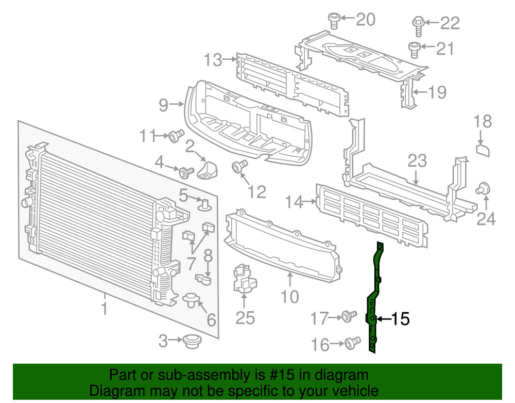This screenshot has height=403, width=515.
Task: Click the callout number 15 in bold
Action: [x=400, y=319]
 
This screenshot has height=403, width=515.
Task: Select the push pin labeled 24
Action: [x=484, y=188]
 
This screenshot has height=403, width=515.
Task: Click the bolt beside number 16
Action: [x=352, y=342]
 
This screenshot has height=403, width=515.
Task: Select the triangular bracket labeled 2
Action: [x=208, y=168]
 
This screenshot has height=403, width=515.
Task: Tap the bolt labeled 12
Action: [x=238, y=167]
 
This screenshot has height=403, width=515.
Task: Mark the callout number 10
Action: [x=290, y=297]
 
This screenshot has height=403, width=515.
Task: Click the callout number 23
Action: [x=417, y=161]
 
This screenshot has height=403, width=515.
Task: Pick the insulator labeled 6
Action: [x=191, y=299]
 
